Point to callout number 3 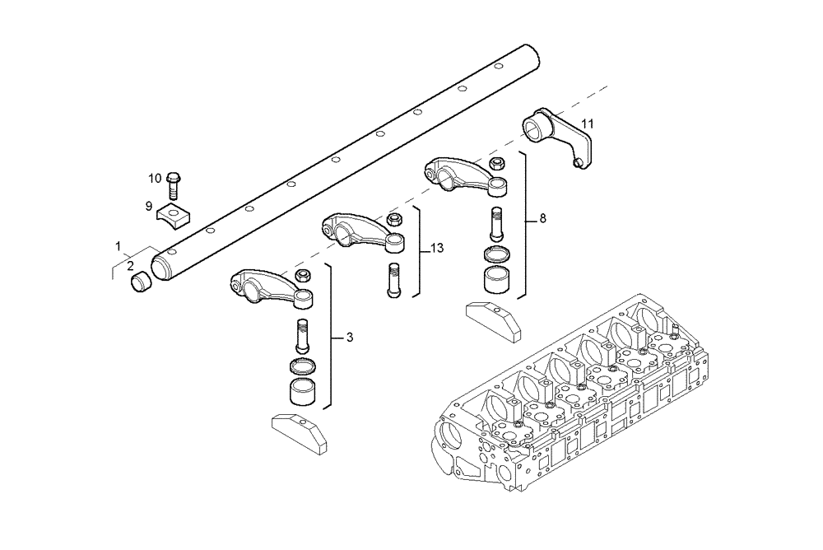point(350,337)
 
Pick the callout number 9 point(149,205)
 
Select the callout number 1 point(119,246)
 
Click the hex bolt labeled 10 point(174,184)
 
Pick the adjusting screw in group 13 point(393,278)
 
